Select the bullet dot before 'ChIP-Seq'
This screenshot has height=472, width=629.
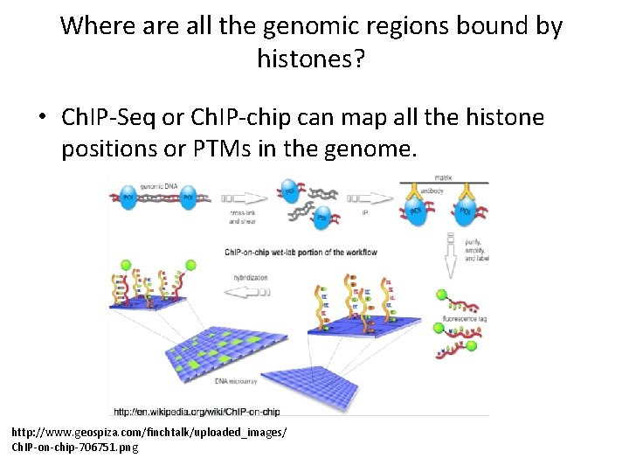[x=45, y=117]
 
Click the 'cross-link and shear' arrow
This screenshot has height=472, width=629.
[x=244, y=198]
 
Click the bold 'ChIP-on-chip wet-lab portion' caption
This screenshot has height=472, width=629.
[x=301, y=252]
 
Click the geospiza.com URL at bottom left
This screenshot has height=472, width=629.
[x=148, y=433]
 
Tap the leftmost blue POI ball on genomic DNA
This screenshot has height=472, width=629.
[x=128, y=197]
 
